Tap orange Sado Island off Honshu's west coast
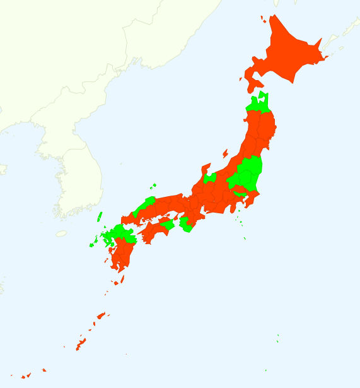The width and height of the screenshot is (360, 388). coord(225,153)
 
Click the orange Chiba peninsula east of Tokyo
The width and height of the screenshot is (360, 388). coord(251,201)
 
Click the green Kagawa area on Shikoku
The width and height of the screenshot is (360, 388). coord(167,224)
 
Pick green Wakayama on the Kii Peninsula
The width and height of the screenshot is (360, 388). coord(186,225)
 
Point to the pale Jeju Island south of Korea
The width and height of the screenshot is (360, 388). coord(61,233)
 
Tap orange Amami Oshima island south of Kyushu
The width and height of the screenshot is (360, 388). coord(101,315)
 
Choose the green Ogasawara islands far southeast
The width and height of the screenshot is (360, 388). coord(277,341)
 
